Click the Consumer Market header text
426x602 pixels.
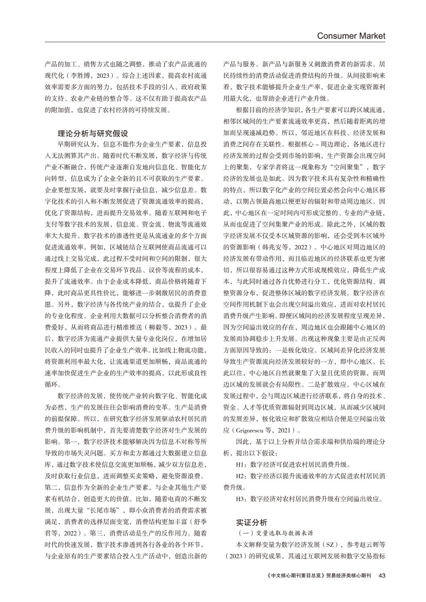click(351, 35)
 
